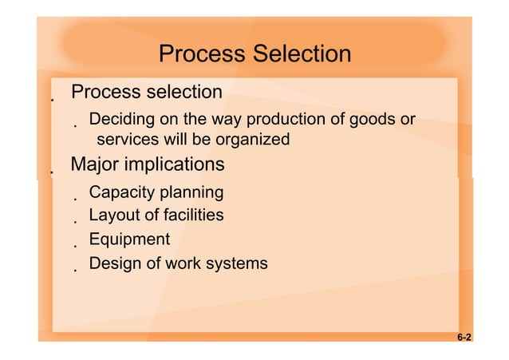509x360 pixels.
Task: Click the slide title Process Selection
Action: tap(254, 53)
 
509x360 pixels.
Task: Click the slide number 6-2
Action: tap(464, 338)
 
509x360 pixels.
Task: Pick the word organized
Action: tap(253, 140)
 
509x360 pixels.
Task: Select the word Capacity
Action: tap(121, 192)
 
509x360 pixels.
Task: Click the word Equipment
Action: tap(129, 239)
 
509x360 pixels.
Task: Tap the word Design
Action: tap(114, 263)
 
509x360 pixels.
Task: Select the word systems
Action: tap(237, 263)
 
